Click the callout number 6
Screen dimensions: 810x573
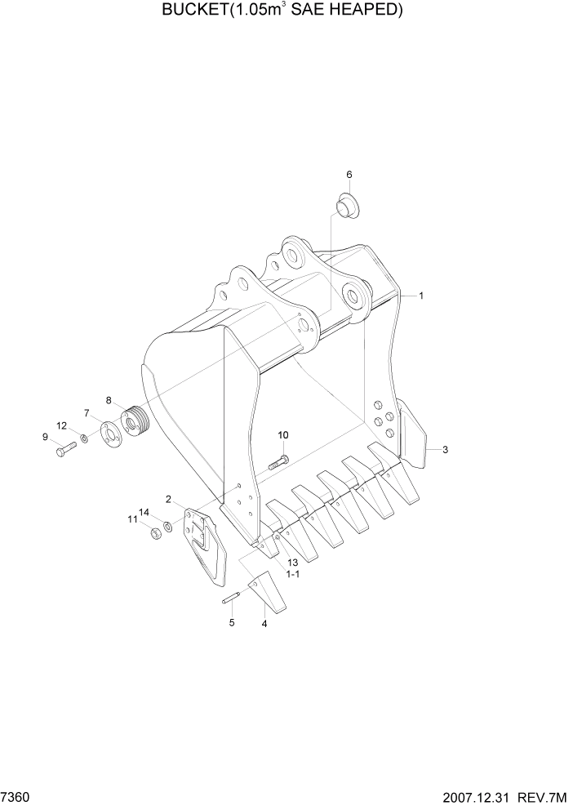click(x=349, y=174)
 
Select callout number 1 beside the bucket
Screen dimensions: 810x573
click(x=421, y=296)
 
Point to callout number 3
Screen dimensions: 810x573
click(x=446, y=449)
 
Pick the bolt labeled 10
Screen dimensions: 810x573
click(x=278, y=463)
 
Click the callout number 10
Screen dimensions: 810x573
click(x=283, y=435)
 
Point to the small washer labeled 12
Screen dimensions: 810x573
click(x=85, y=440)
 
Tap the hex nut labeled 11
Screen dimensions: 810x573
click(x=153, y=533)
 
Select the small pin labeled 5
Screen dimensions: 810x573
click(x=230, y=599)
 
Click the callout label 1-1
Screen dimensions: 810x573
click(x=291, y=575)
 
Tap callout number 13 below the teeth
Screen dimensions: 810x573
click(x=292, y=563)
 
